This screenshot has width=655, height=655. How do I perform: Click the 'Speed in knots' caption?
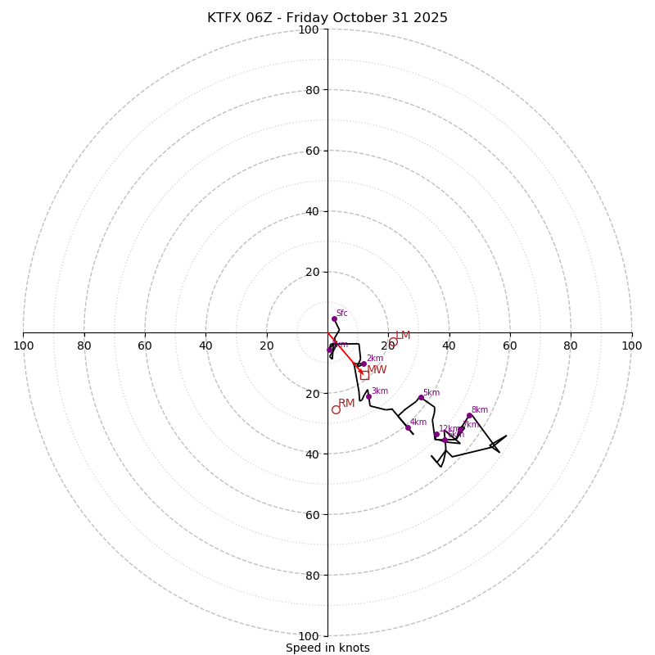click(x=327, y=648)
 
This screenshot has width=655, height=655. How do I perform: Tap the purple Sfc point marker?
click(x=334, y=318)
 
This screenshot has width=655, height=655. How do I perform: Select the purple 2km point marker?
click(x=364, y=364)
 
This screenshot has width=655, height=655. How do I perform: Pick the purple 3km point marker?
click(x=368, y=396)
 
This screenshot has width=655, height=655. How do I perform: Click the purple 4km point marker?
click(x=408, y=427)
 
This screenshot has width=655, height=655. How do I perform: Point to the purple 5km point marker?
click(x=421, y=398)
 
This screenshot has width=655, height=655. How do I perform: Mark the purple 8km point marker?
click(x=469, y=415)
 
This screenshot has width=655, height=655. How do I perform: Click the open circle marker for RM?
click(x=336, y=409)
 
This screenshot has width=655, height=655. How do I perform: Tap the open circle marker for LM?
click(x=393, y=342)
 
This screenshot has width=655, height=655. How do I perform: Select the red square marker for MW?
click(x=364, y=375)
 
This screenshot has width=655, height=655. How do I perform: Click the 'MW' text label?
click(x=377, y=370)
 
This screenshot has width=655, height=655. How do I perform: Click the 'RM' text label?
click(x=346, y=403)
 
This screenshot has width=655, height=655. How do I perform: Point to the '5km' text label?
click(x=431, y=393)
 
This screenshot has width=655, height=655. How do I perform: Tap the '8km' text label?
click(x=480, y=410)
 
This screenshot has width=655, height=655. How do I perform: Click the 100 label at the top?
click(x=308, y=29)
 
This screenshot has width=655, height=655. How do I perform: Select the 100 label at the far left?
click(x=23, y=346)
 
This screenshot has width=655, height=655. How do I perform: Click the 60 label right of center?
click(x=509, y=346)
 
